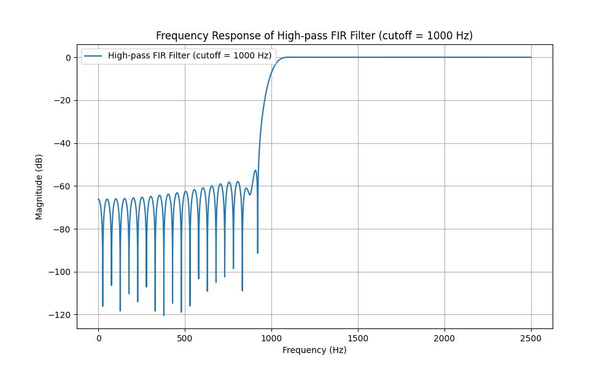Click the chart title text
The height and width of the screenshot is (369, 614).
click(314, 36)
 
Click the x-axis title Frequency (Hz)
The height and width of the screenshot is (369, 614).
click(314, 350)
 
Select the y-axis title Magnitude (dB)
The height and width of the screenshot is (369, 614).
click(39, 187)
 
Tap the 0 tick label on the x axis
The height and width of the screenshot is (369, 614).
click(98, 338)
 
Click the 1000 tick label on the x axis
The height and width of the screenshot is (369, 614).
click(271, 338)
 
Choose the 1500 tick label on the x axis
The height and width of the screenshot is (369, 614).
click(358, 338)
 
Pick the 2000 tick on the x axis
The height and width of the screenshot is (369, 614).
click(445, 338)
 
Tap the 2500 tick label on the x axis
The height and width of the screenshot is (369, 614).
click(531, 338)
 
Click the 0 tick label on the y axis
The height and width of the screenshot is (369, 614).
click(69, 58)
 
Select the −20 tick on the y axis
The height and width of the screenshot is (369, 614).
click(64, 100)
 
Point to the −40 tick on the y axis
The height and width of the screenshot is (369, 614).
click(64, 143)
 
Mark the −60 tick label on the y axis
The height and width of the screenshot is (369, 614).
click(64, 186)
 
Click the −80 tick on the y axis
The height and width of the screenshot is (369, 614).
click(64, 229)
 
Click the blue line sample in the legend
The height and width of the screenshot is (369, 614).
click(93, 55)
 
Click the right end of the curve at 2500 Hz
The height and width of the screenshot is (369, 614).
click(531, 57)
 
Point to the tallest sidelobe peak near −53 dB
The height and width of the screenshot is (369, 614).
click(255, 170)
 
